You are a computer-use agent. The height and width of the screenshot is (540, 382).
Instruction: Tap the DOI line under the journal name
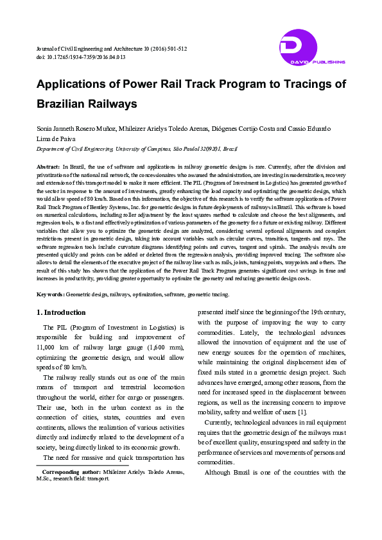(81, 57)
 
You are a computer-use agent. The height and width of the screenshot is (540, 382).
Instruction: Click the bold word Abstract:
(48, 167)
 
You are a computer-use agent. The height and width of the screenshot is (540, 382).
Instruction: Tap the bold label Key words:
(50, 294)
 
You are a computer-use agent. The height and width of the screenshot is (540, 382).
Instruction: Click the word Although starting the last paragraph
(221, 472)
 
